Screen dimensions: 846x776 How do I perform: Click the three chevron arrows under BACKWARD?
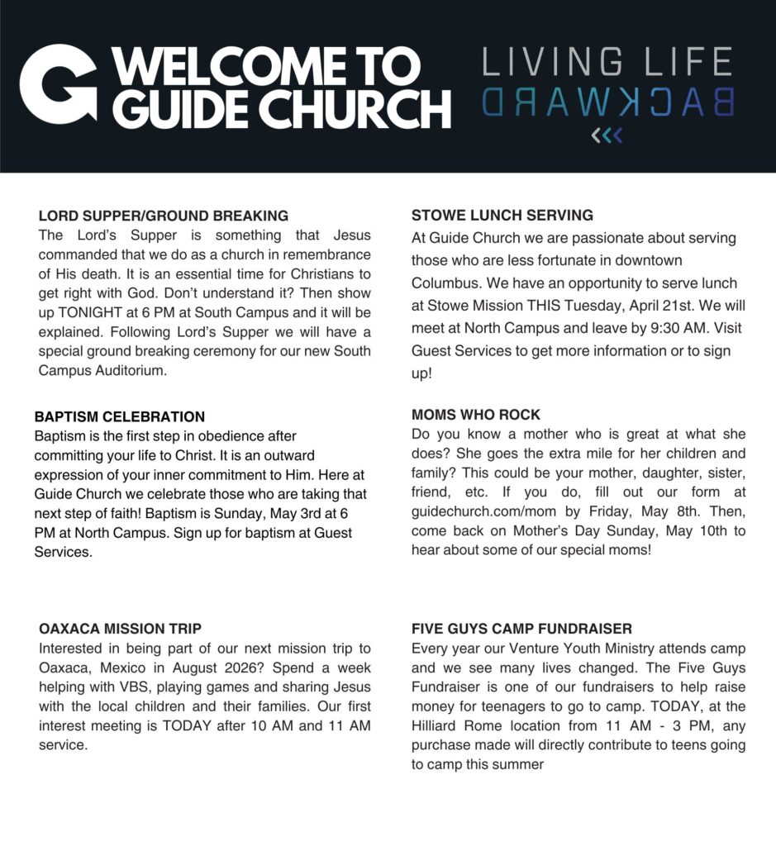point(607,135)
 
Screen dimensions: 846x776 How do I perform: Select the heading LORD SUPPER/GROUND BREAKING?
point(164,216)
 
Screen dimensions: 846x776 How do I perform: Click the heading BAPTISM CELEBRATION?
point(120,416)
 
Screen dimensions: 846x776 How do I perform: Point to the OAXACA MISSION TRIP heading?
point(121,629)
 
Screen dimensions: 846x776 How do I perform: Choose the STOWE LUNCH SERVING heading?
point(502,216)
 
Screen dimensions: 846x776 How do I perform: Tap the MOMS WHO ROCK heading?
point(476,415)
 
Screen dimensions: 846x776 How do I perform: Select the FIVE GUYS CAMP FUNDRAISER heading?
point(522,629)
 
